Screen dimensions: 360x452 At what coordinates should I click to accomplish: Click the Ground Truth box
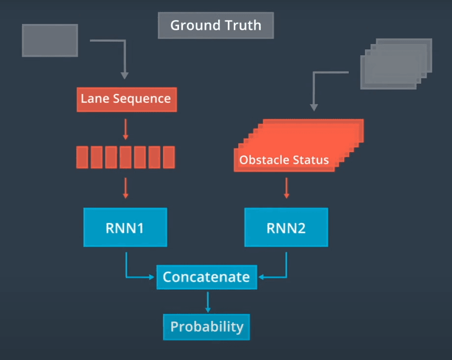216,25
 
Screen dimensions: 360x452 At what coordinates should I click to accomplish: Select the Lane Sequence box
126,99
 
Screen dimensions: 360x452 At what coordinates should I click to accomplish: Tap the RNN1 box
125,227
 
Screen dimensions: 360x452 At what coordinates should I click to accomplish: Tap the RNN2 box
286,227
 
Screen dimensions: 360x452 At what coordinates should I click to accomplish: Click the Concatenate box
206,277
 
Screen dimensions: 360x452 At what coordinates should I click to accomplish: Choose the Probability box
206,327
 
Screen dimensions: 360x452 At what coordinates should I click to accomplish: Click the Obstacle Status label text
284,160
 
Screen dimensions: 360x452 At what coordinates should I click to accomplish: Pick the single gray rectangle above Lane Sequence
50,40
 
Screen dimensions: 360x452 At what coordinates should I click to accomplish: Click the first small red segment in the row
82,157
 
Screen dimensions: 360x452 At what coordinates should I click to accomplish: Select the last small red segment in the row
168,157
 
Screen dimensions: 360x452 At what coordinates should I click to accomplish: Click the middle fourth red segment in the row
125,157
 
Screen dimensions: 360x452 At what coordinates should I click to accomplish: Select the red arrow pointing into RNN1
125,188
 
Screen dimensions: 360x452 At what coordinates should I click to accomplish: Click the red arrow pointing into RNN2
287,188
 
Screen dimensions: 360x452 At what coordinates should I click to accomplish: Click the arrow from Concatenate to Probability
207,302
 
